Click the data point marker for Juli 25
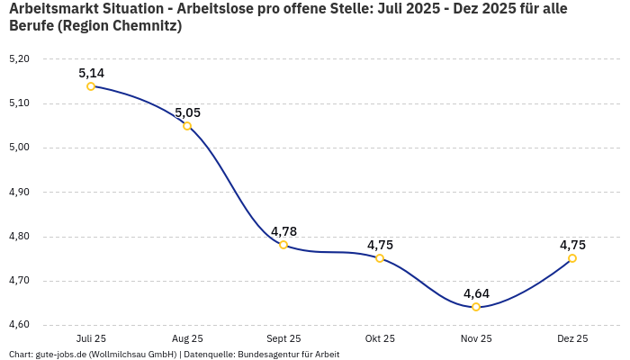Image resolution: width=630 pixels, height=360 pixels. (x=91, y=86)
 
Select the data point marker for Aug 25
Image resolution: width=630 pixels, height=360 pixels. (x=187, y=126)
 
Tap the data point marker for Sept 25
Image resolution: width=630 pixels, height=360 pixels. (x=283, y=245)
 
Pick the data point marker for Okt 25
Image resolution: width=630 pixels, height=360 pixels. (x=380, y=258)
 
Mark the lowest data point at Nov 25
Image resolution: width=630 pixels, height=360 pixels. (x=476, y=307)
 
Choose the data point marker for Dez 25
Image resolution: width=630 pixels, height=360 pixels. (x=572, y=258)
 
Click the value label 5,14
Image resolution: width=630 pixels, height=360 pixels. (x=91, y=73)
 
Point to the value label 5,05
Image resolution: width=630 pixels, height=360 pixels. (x=187, y=112)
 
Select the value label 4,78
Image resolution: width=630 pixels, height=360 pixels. (x=283, y=231)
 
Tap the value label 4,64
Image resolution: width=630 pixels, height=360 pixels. (x=476, y=293)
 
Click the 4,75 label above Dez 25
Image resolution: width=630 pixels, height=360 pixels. (x=572, y=245)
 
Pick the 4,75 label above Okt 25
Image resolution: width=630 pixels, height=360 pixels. (x=380, y=245)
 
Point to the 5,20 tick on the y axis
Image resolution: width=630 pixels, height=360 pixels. (x=19, y=58)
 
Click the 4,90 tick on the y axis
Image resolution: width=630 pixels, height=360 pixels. (x=19, y=192)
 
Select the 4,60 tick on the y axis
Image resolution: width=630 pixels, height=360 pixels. (x=19, y=325)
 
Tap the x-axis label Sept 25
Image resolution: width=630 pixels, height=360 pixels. (x=283, y=338)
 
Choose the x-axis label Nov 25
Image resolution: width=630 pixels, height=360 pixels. (x=476, y=338)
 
